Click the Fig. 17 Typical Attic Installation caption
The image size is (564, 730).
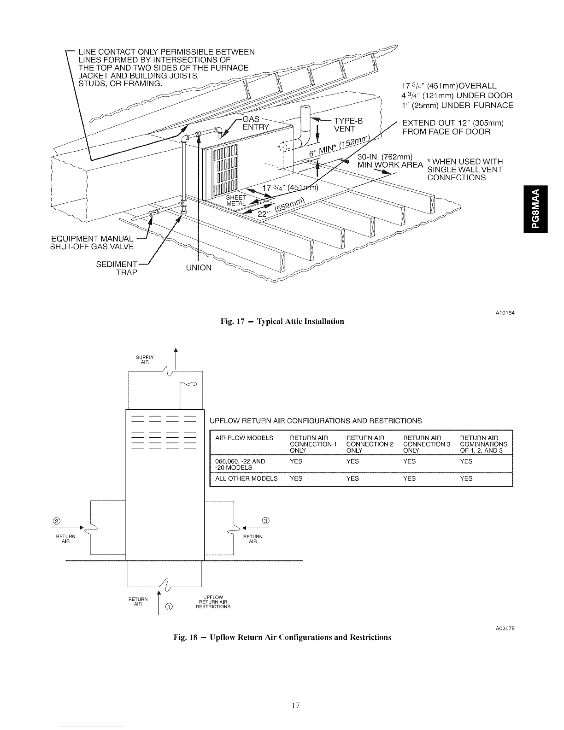pos(282,321)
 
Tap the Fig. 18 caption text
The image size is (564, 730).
pos(282,637)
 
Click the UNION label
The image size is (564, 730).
pos(199,268)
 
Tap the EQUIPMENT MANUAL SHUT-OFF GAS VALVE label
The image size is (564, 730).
pos(93,242)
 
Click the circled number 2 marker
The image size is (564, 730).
pos(57,521)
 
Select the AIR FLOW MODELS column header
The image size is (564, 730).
pos(244,438)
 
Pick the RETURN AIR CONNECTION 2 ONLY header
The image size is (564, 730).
pos(370,444)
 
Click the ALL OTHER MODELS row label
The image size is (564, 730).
pos(247,478)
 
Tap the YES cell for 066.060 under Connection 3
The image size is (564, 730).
pos(409,461)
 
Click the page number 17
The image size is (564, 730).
pos(296,705)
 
